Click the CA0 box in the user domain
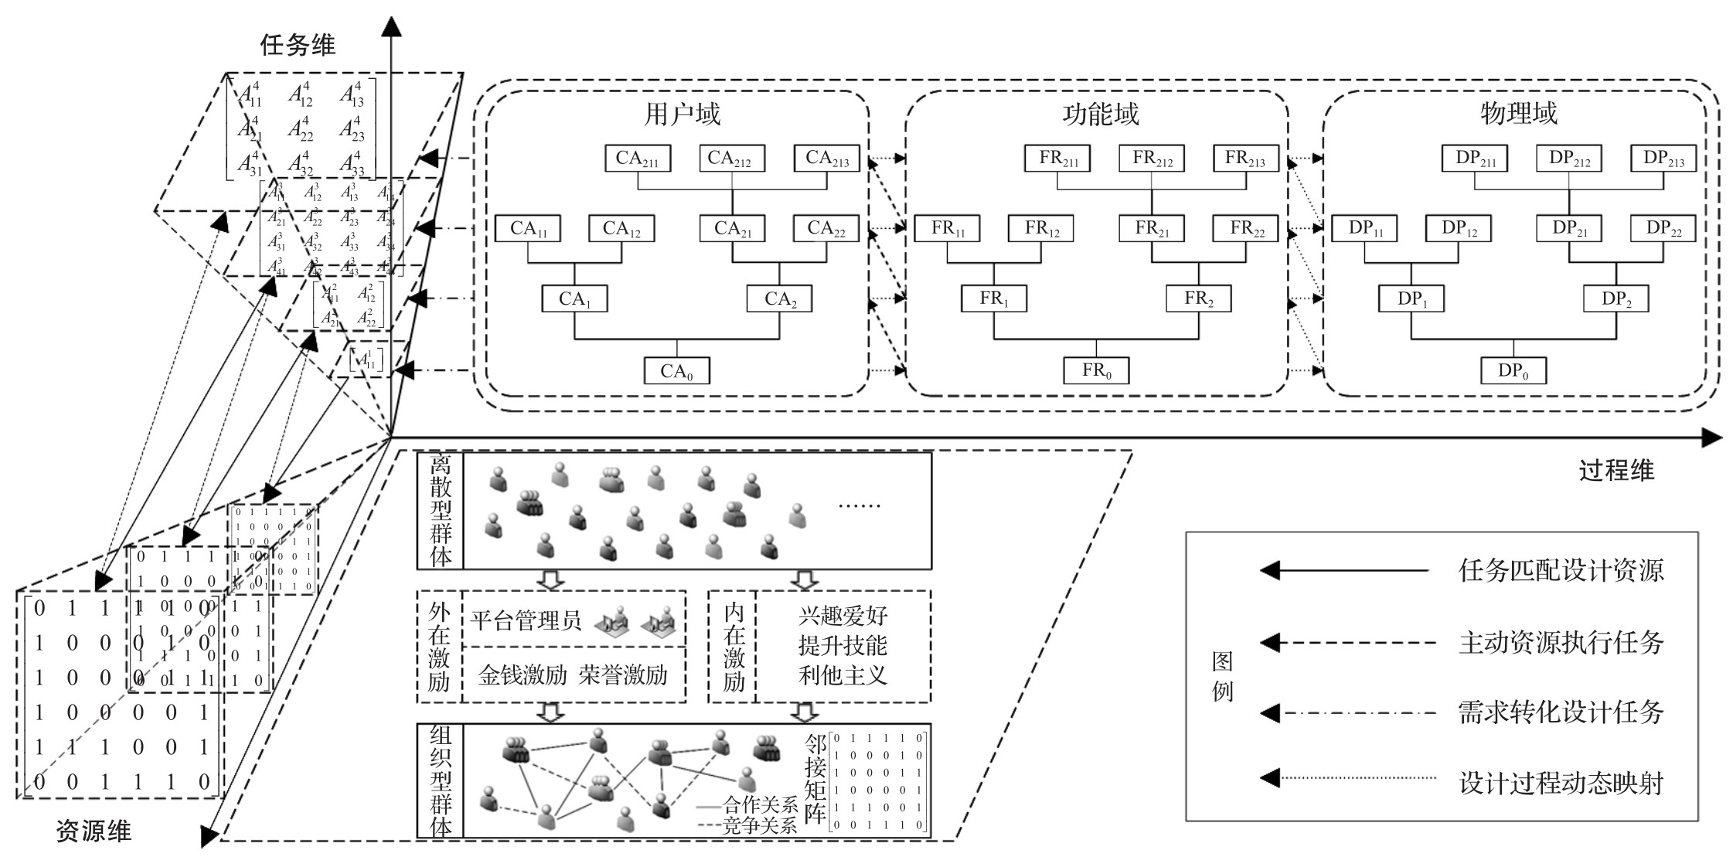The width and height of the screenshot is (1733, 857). (x=676, y=371)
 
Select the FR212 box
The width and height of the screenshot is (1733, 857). (x=1152, y=159)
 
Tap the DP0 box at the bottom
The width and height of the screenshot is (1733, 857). (x=1513, y=370)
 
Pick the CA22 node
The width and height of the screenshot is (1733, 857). (x=826, y=229)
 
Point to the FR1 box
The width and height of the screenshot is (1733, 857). (x=993, y=299)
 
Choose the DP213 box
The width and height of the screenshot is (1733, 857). (x=1663, y=159)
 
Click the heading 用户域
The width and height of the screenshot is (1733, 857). (x=682, y=114)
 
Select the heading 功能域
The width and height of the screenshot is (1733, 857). (x=1100, y=114)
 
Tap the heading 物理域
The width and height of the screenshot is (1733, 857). (x=1518, y=114)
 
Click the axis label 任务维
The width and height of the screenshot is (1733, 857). (x=298, y=45)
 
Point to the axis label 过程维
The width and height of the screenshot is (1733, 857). (x=1616, y=470)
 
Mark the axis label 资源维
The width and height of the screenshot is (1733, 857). (x=94, y=831)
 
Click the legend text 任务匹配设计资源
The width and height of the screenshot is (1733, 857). (x=1561, y=571)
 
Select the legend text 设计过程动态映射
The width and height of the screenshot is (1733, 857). (x=1561, y=784)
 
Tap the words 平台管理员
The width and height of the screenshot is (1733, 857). (x=526, y=620)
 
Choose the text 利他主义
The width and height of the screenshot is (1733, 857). (x=843, y=675)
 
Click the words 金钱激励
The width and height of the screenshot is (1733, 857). (x=523, y=675)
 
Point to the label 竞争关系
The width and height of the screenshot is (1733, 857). (x=758, y=826)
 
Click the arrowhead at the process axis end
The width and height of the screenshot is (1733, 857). (x=1711, y=439)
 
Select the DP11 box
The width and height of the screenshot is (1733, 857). (x=1366, y=229)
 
